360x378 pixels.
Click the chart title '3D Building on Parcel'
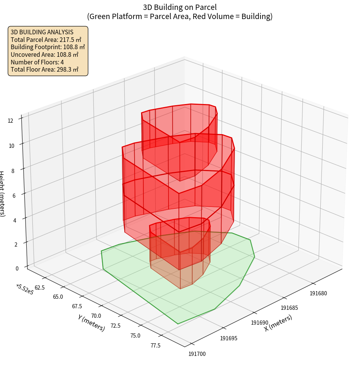(180, 7)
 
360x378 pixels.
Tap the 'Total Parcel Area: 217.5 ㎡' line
(46, 39)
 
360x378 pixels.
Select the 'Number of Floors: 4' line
(37, 62)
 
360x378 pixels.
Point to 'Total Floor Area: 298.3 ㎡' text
(44, 70)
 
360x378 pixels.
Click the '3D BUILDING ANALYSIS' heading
(42, 32)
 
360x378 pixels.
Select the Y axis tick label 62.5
(40, 287)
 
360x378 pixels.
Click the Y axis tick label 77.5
(155, 345)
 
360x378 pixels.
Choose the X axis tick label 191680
(319, 293)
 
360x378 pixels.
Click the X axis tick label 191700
(197, 354)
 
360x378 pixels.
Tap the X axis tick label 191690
(260, 323)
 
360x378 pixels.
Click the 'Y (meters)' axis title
(91, 323)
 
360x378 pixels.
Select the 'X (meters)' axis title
(278, 323)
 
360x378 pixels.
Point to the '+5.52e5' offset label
(24, 290)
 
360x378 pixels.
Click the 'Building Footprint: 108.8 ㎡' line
(48, 47)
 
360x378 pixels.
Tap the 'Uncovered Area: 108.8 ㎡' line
(44, 54)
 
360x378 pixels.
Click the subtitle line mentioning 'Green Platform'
(180, 16)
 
